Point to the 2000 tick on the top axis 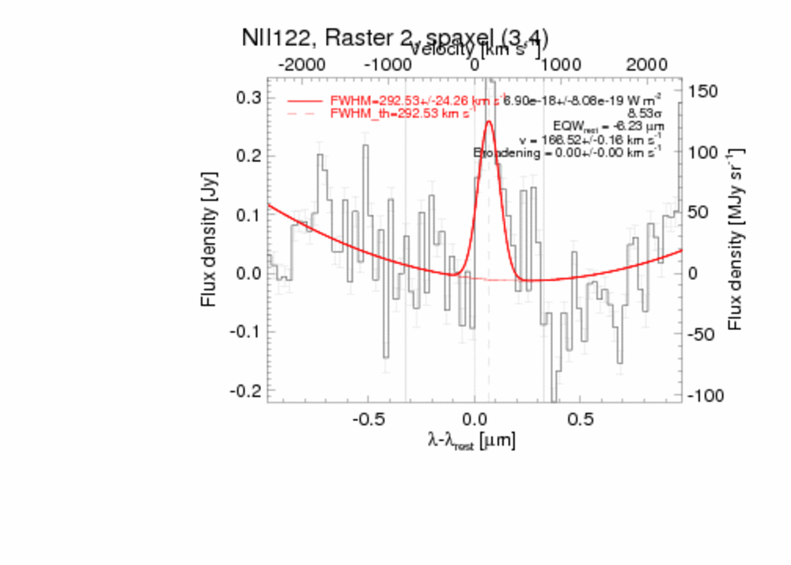point(645,77)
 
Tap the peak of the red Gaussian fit point(488,121)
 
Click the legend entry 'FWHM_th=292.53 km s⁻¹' point(402,114)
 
